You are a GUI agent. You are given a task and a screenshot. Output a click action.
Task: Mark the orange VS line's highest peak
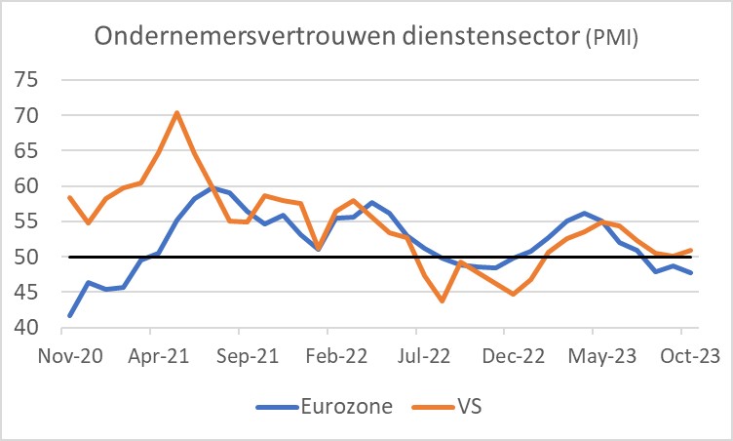[x=176, y=112]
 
